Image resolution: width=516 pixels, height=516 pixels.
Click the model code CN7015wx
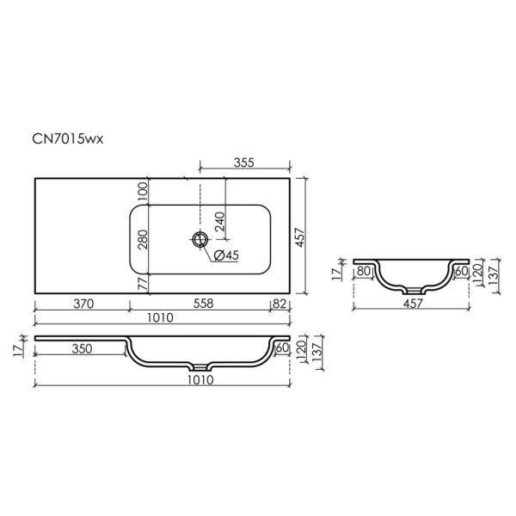click(68, 138)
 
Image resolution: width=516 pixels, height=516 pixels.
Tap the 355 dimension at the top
click(244, 163)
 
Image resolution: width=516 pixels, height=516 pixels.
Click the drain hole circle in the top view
click(200, 239)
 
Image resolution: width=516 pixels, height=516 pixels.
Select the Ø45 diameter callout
click(226, 255)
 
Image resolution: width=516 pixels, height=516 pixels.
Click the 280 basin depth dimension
click(143, 239)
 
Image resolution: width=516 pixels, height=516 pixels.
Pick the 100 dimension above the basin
click(143, 192)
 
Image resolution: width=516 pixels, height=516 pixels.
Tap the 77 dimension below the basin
click(143, 283)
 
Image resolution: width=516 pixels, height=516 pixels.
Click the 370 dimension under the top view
click(83, 304)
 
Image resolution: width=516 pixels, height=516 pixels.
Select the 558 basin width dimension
click(203, 304)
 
